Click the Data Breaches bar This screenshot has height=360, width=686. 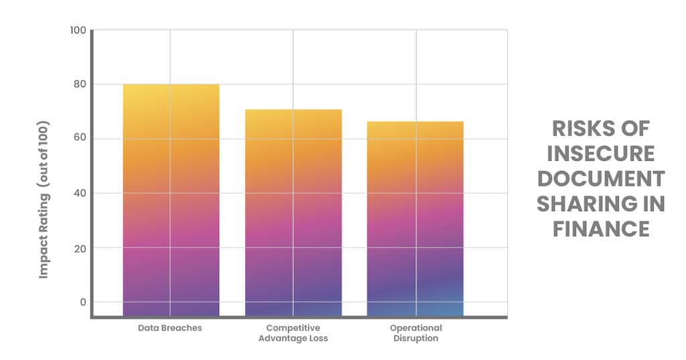point(171,201)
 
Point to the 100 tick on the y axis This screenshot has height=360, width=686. point(78,31)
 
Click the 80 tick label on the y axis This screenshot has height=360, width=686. point(80,85)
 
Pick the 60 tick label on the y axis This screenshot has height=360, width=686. point(80,139)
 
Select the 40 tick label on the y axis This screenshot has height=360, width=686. point(80,194)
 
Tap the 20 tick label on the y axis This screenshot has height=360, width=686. point(80,248)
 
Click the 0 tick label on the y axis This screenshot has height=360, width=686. point(83,302)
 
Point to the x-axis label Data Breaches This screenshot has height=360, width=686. point(170,328)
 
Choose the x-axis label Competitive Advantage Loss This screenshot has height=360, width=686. point(293,333)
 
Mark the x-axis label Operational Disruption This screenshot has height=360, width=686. point(415,333)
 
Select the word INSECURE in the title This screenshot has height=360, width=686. point(601,154)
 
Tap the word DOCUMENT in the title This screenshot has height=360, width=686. point(601,179)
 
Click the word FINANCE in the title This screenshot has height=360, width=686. point(601,229)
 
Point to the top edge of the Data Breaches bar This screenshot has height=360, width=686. point(171,84)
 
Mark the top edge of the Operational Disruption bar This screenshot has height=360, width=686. point(415,122)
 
